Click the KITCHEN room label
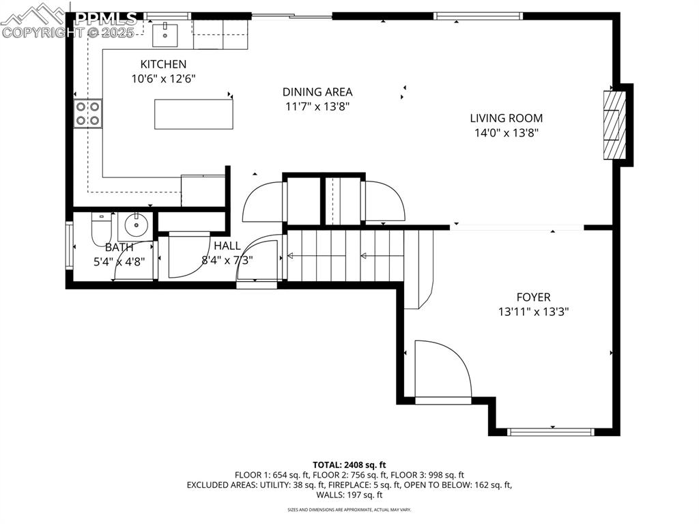[x=163, y=64]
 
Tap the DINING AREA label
[x=317, y=92]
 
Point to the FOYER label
[x=533, y=297]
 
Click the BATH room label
[x=119, y=247]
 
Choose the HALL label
[x=227, y=246]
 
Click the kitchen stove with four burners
[x=88, y=114]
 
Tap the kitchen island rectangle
[x=193, y=114]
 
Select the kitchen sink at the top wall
[x=165, y=31]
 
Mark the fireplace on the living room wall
[x=613, y=124]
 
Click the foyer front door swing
[x=442, y=370]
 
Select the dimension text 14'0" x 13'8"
[x=506, y=134]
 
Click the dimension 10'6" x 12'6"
[x=163, y=78]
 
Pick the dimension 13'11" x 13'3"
[x=533, y=312]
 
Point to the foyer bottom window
[x=552, y=431]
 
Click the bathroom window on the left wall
[x=68, y=244]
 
